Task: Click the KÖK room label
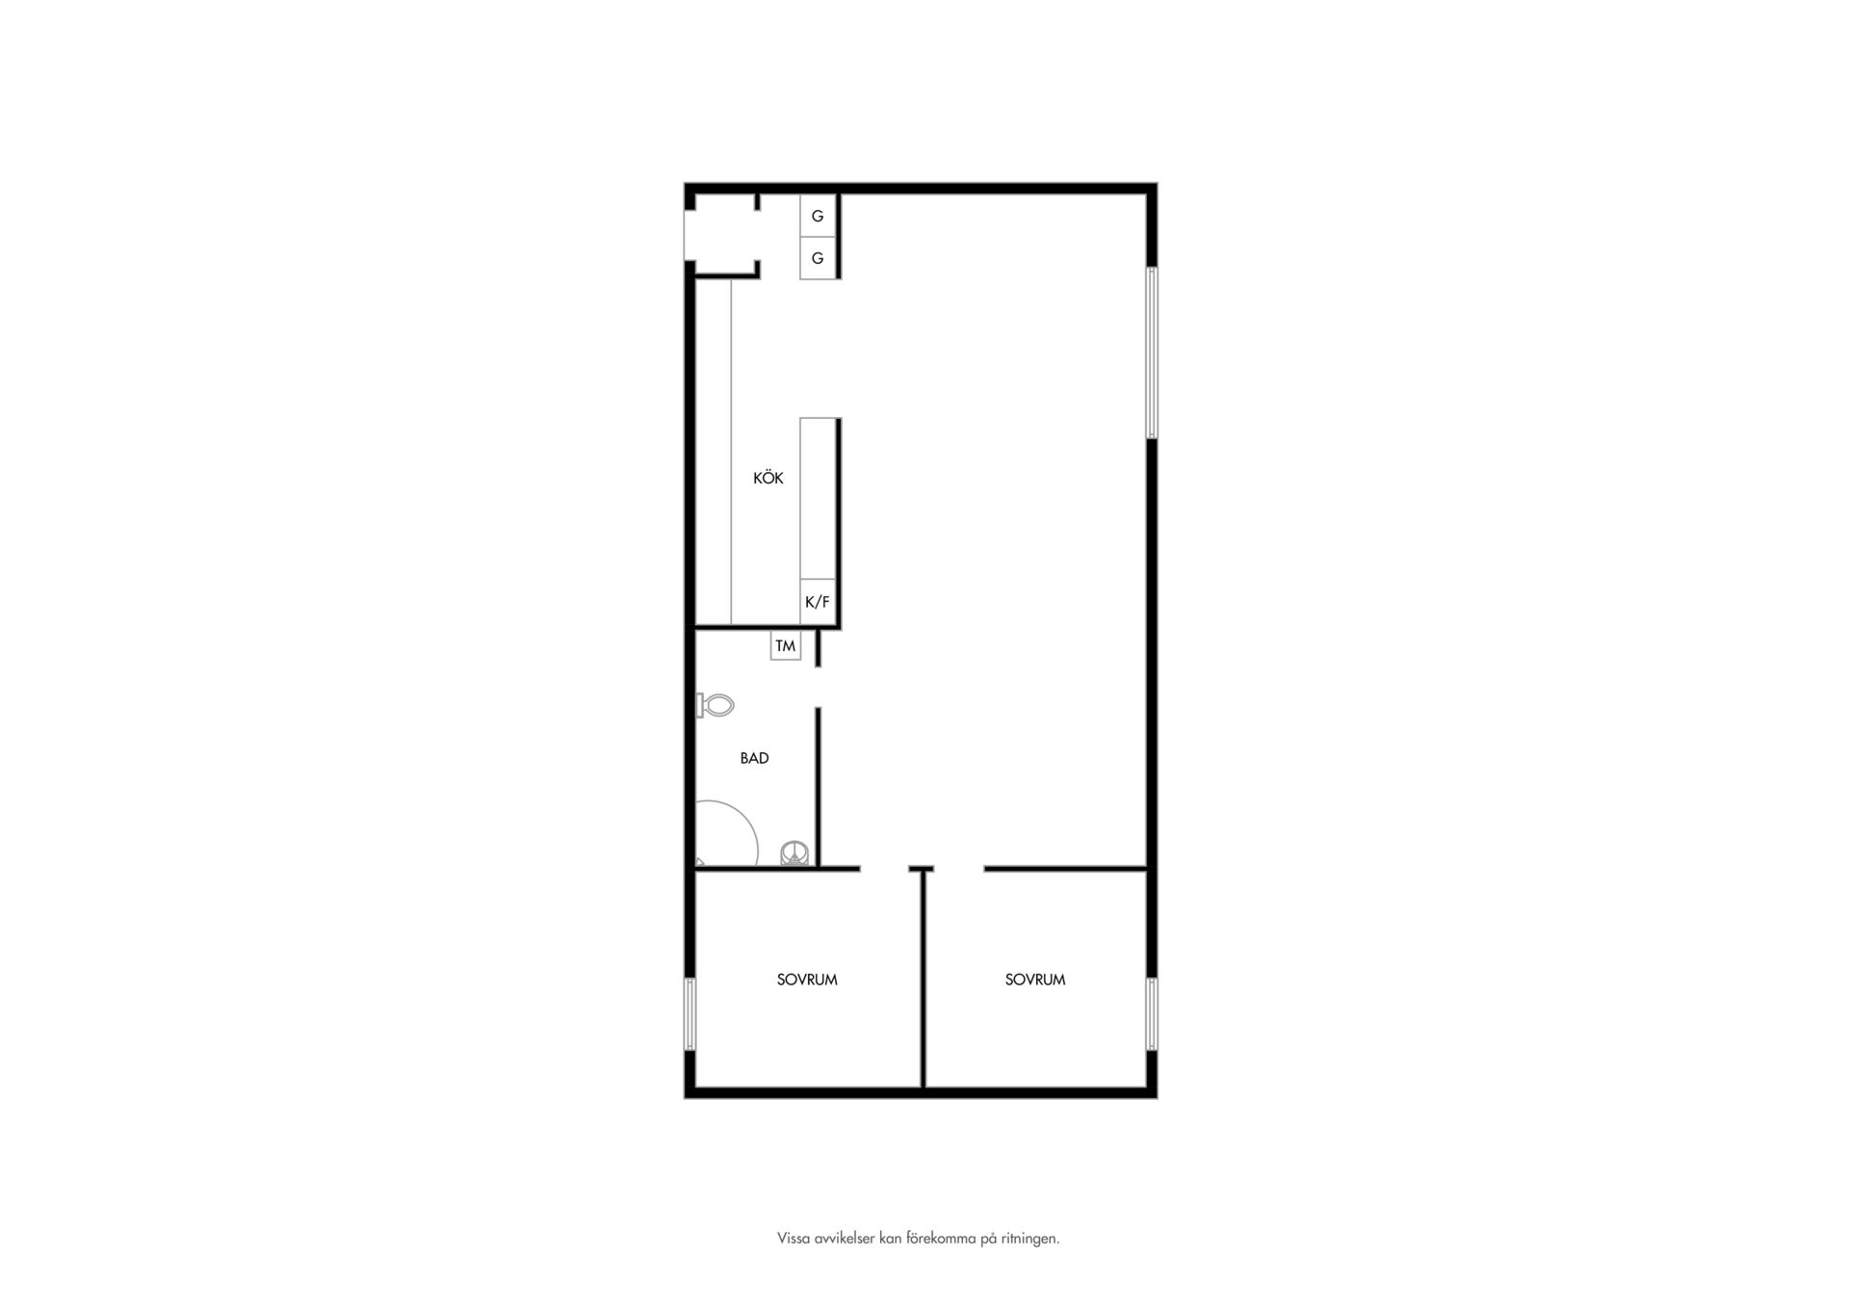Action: coord(768,478)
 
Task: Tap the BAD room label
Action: coord(754,758)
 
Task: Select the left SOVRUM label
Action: coord(807,980)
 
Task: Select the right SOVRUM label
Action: coord(1035,980)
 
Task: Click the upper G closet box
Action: coord(818,216)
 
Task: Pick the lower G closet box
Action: coord(818,258)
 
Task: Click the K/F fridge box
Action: coord(818,602)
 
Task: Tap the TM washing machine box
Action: coord(786,645)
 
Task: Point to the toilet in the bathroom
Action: coord(716,705)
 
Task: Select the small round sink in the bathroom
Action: coord(794,853)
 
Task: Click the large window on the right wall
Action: coord(1152,353)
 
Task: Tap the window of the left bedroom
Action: coord(690,1013)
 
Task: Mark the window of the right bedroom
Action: coord(1152,1013)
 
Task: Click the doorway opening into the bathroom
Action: coord(819,688)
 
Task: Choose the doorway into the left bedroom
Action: coord(884,869)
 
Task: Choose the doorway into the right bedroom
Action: coord(959,869)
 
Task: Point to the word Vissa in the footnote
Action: coord(793,1239)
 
